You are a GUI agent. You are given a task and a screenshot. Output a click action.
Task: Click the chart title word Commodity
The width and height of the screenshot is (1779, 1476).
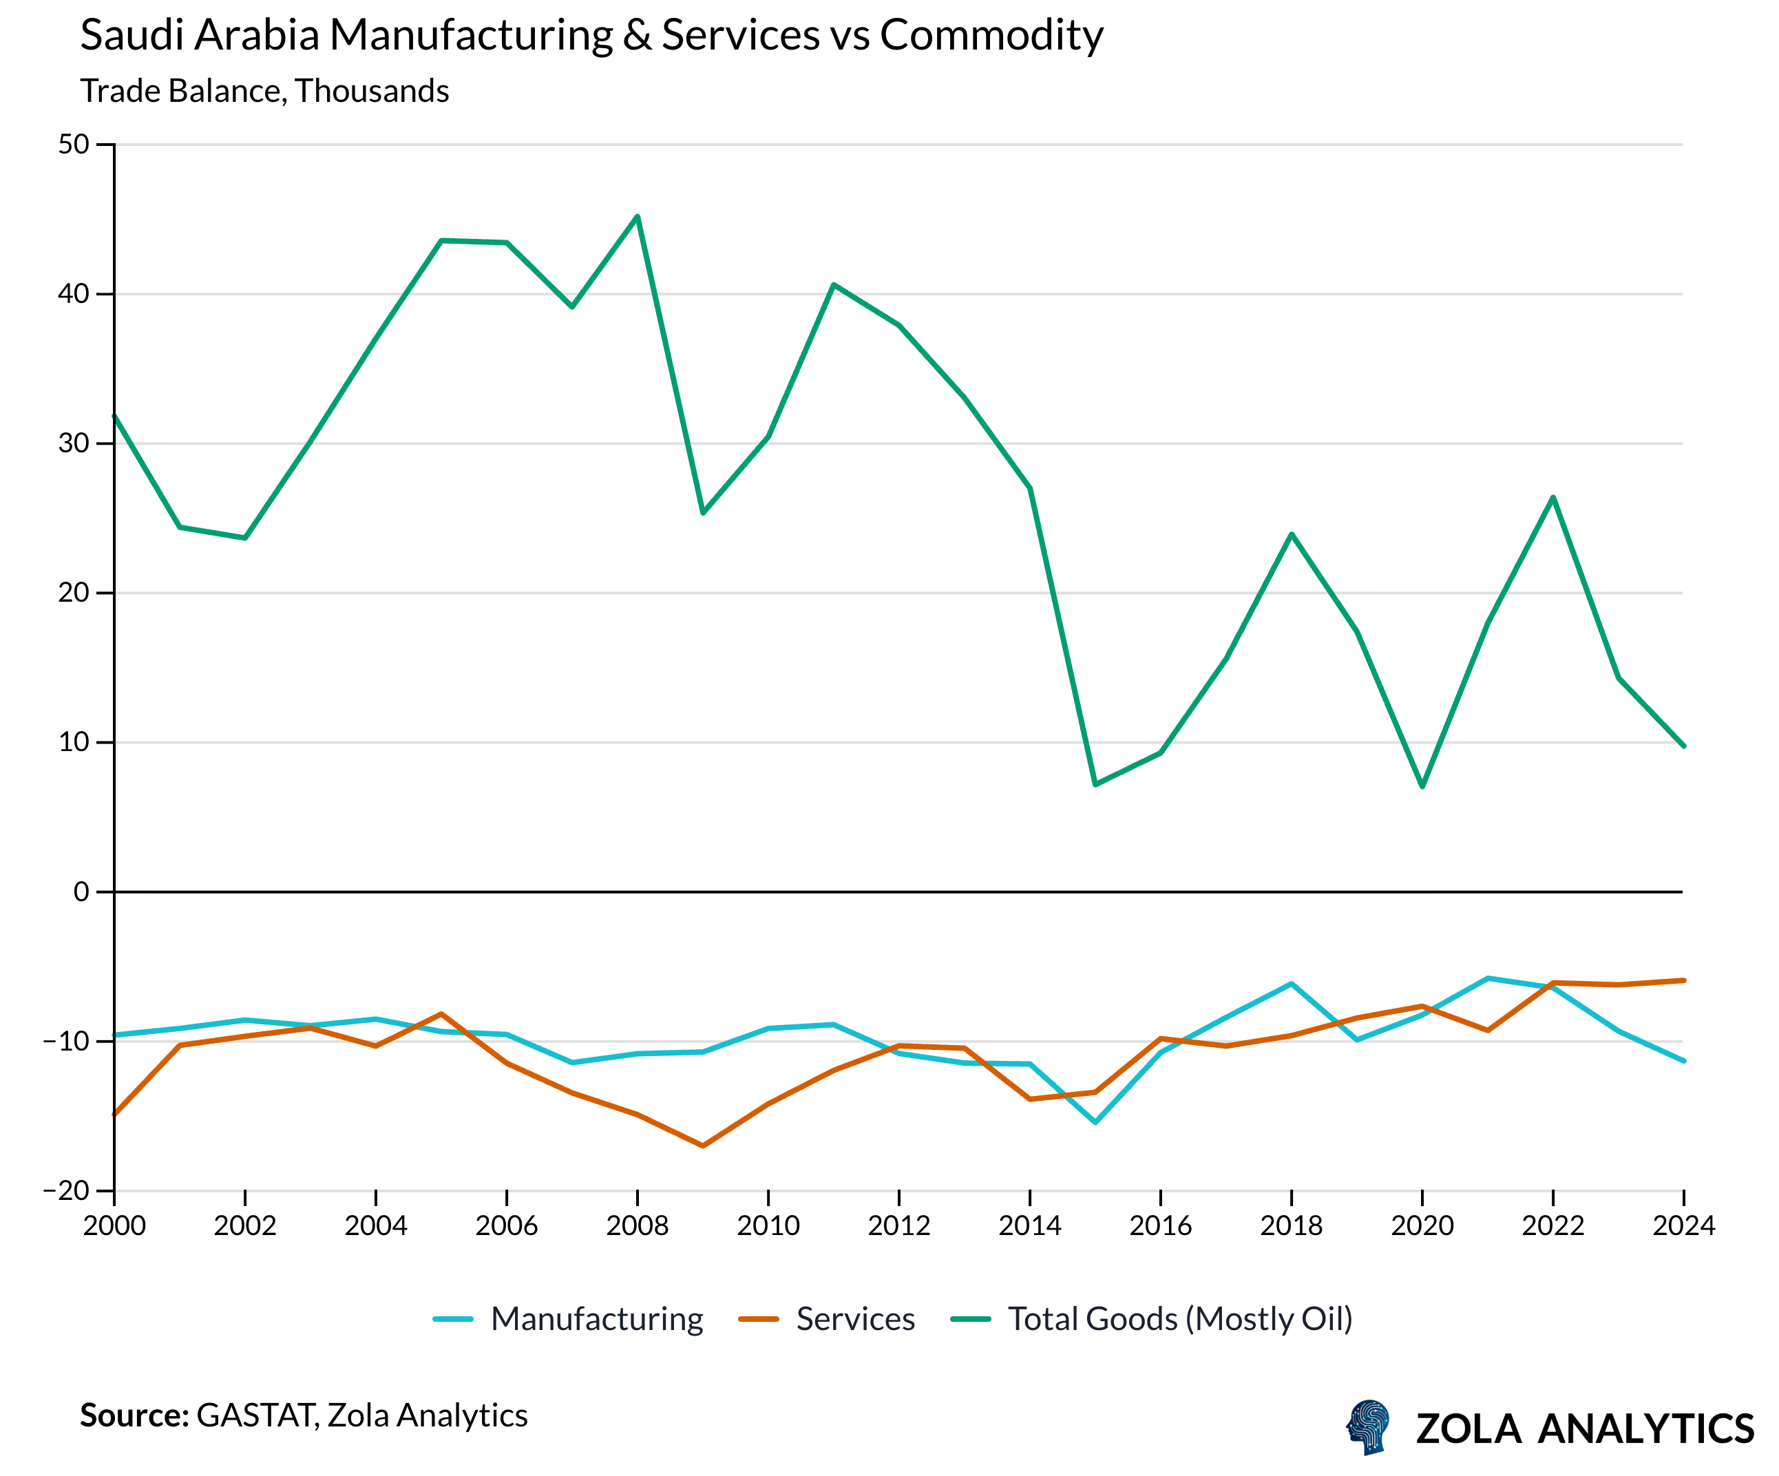pos(991,36)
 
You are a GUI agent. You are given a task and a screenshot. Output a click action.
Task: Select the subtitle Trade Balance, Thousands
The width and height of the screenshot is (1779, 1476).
pos(264,91)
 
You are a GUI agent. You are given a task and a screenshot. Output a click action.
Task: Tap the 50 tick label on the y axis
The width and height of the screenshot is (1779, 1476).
pos(74,144)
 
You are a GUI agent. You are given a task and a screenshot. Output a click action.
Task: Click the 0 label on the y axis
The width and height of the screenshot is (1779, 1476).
pos(81,892)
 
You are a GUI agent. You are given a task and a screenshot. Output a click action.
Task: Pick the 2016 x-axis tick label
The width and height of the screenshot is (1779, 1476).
pos(1161,1226)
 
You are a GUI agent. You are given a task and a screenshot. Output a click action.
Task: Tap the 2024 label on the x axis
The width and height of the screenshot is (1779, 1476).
pos(1683,1226)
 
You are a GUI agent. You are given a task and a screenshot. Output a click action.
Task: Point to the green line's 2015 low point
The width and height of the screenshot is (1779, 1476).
pos(1095,783)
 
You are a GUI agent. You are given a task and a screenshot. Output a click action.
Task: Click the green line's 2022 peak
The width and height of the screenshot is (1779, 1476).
pos(1552,497)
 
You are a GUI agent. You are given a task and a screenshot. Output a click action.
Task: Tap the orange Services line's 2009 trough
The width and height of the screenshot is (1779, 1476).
pos(703,1146)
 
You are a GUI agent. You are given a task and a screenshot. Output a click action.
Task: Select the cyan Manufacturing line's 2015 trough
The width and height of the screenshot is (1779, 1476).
pos(1095,1122)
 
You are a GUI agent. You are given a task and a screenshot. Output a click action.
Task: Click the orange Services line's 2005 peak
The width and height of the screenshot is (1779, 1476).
pos(441,1014)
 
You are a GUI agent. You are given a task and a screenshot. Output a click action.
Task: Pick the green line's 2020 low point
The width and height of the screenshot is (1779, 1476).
pos(1422,786)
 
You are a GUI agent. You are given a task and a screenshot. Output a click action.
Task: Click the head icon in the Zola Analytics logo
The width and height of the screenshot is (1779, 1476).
pos(1368,1427)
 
